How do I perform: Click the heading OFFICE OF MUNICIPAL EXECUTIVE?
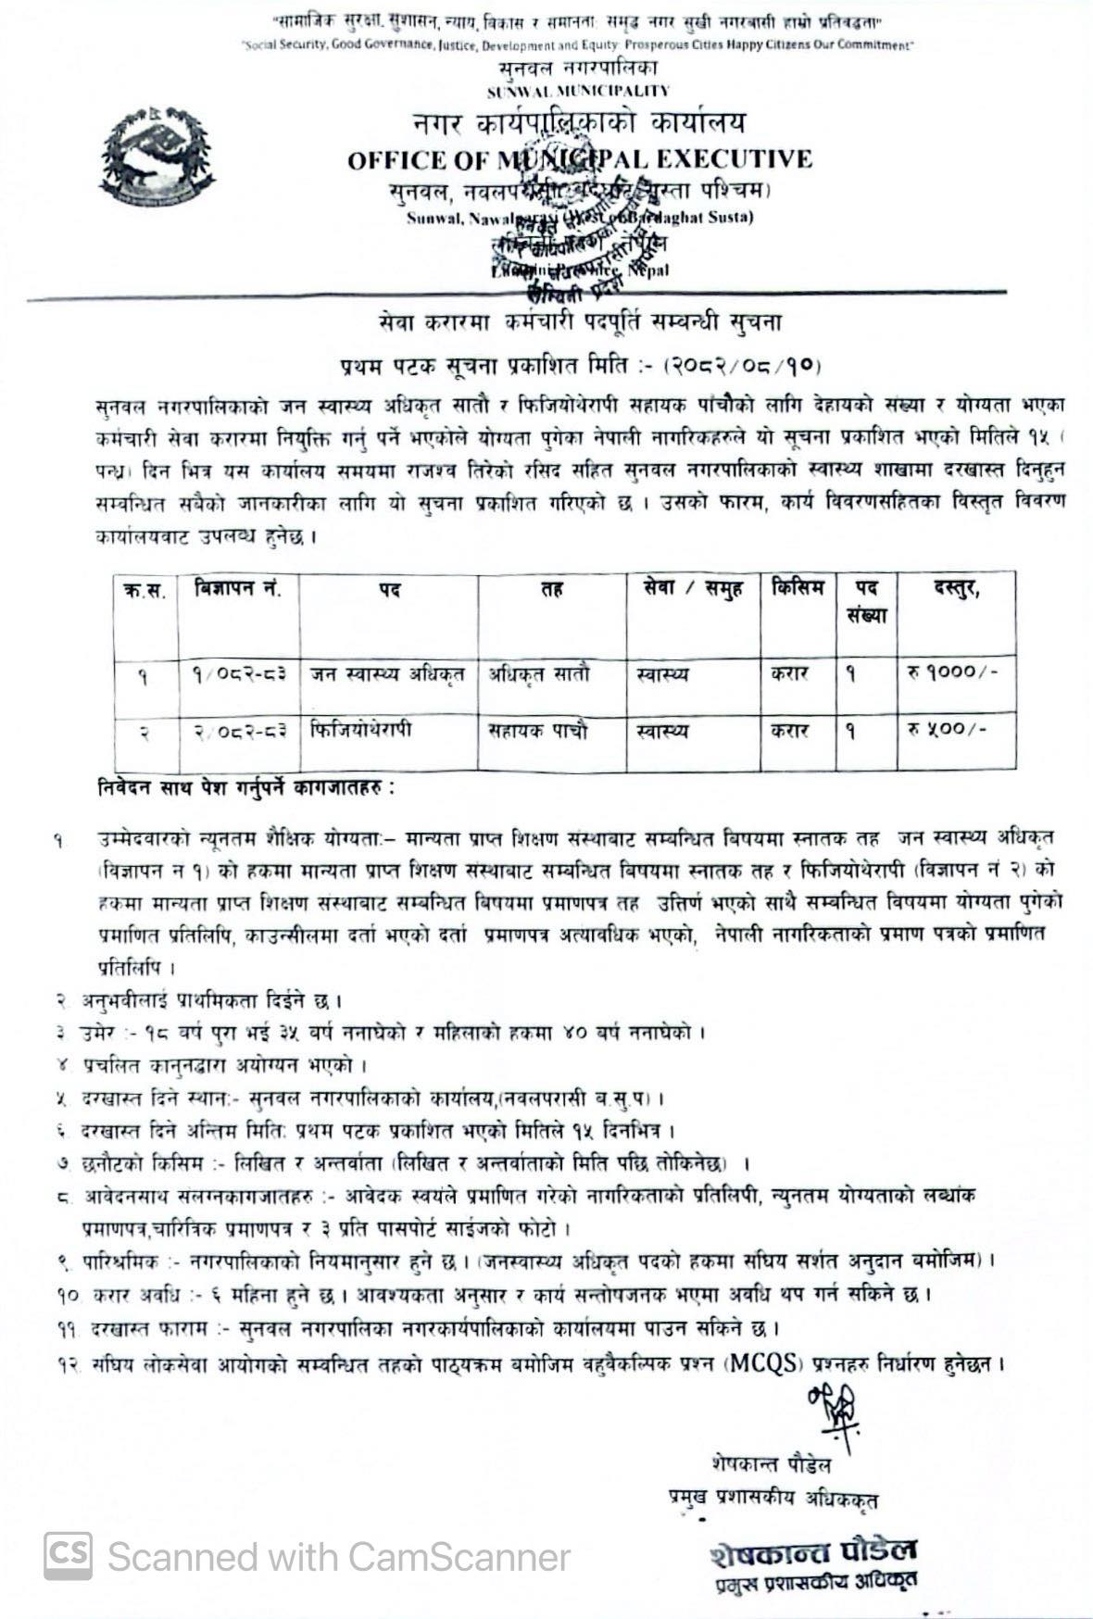tap(579, 159)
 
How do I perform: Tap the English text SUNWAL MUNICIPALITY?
tap(578, 91)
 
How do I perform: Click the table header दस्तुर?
tap(955, 589)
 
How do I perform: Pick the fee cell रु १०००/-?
tap(952, 672)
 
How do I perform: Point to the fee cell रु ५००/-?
tap(947, 729)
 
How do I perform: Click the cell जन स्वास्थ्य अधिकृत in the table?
tap(388, 673)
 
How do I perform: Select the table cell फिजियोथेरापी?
tap(361, 729)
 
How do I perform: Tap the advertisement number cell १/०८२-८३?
tap(238, 674)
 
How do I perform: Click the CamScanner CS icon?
tap(68, 1556)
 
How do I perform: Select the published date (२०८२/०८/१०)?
tap(742, 366)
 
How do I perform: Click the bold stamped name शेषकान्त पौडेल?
tap(814, 1550)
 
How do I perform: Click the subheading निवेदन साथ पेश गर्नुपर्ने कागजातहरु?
tap(245, 789)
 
